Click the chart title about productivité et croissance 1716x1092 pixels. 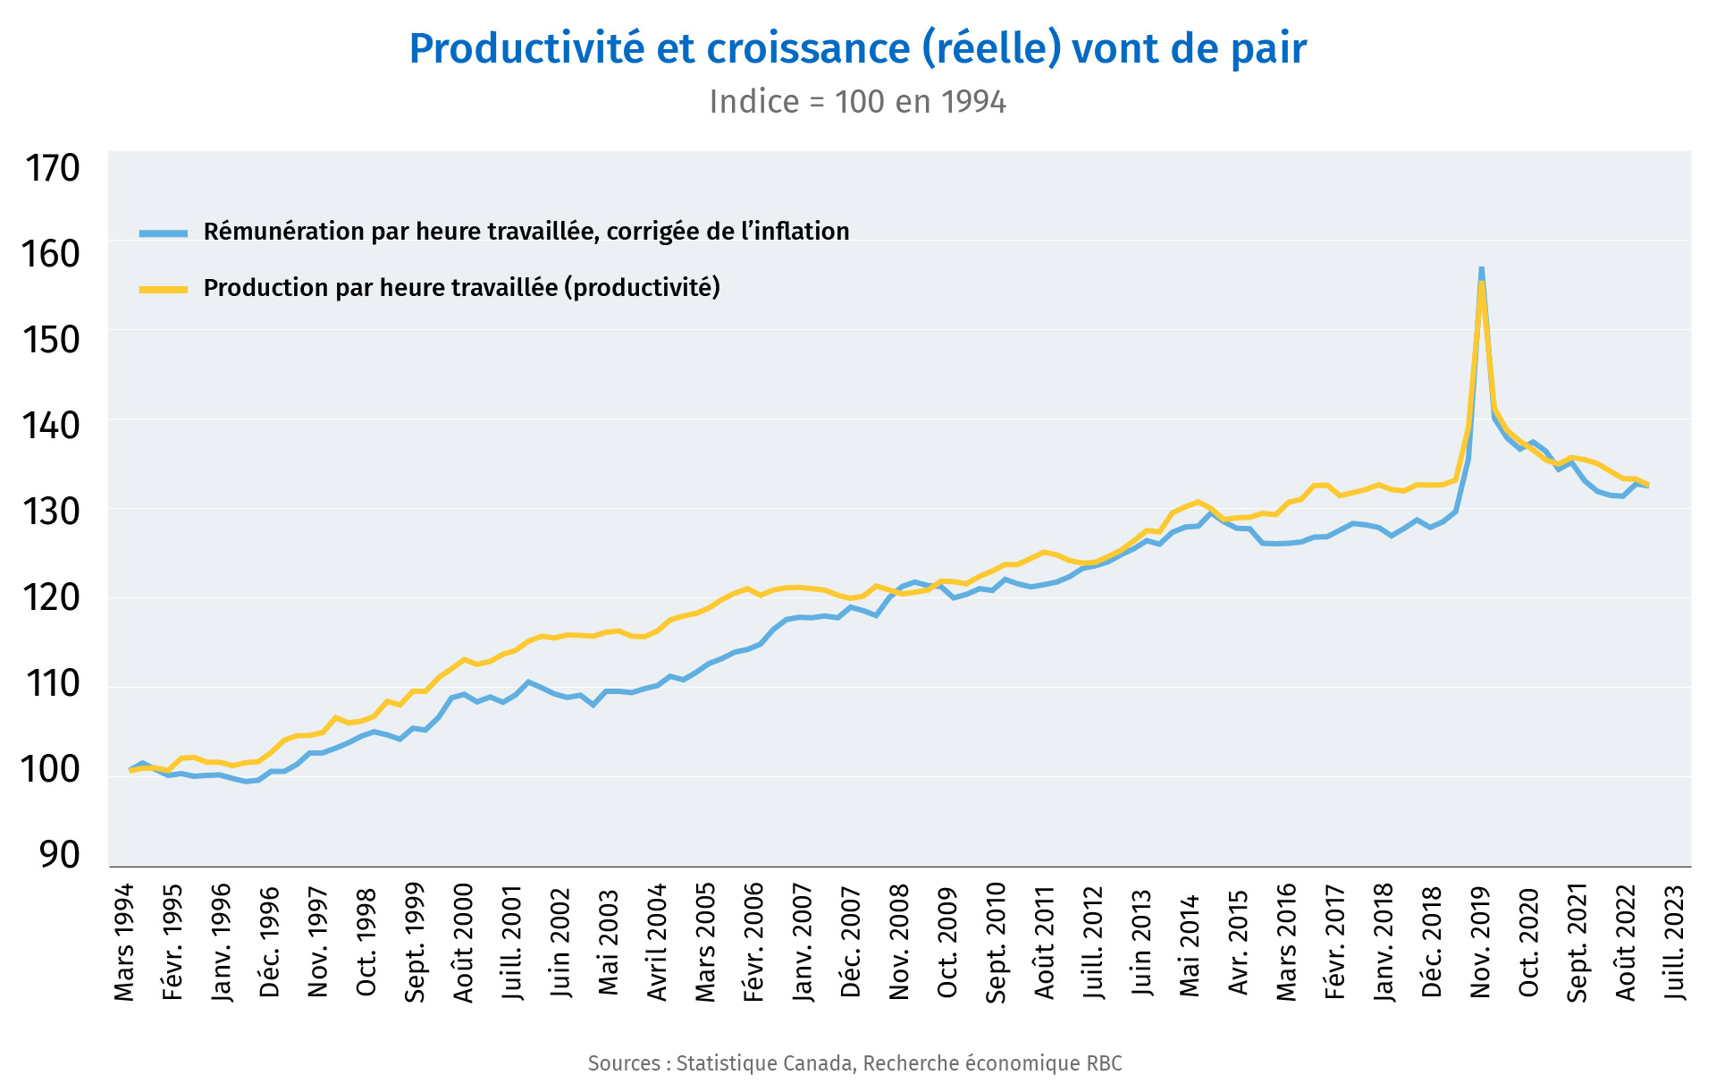coord(857,48)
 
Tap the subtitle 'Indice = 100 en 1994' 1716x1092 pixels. coord(857,102)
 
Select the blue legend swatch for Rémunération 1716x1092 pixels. coord(164,233)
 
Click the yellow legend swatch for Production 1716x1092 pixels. coord(164,289)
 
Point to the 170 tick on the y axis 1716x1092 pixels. coord(53,168)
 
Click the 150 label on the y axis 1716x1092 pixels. coord(53,340)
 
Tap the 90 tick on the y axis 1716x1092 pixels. coord(60,855)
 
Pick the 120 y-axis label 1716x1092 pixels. coord(53,597)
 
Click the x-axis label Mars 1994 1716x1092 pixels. coord(124,943)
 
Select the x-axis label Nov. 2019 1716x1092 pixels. coord(1480,943)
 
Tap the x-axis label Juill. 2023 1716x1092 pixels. coord(1674,943)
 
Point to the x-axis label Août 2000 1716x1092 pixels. coord(463,943)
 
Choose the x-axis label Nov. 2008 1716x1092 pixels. coord(899,943)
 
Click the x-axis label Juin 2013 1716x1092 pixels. coord(1141,943)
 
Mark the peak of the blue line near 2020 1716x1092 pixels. coord(1481,268)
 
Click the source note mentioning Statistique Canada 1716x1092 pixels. coord(854,1063)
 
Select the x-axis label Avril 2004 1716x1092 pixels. coord(657,943)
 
